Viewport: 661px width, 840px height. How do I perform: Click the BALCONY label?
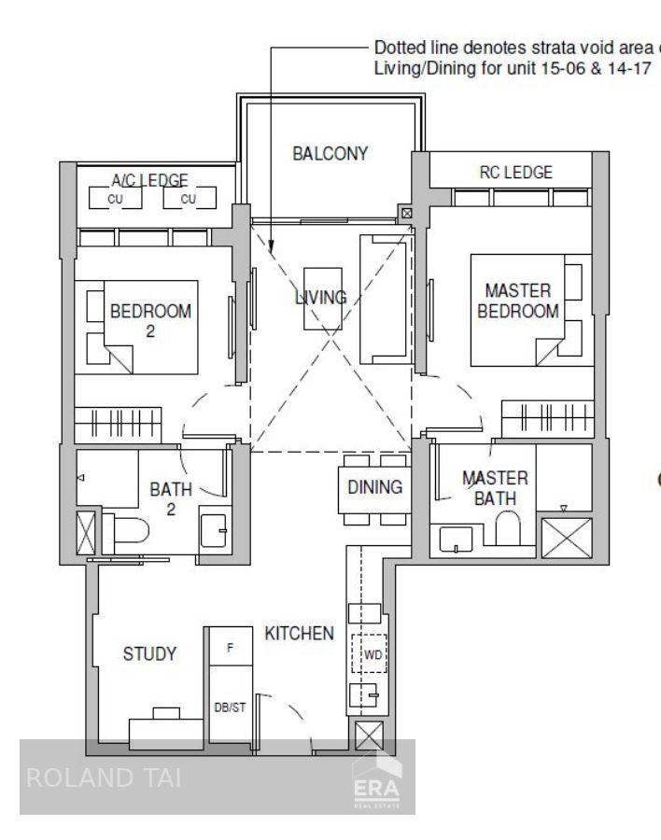pyautogui.click(x=330, y=154)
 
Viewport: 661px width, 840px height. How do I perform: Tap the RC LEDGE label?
pyautogui.click(x=515, y=172)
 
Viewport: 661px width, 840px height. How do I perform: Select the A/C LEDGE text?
pyautogui.click(x=150, y=180)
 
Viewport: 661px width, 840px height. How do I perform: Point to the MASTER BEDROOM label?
pyautogui.click(x=518, y=301)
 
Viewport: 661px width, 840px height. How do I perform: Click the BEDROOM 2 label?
pyautogui.click(x=150, y=320)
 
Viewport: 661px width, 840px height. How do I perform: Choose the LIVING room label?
pyautogui.click(x=321, y=298)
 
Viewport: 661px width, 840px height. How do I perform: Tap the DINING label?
pyautogui.click(x=374, y=486)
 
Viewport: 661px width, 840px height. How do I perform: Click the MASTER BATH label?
pyautogui.click(x=495, y=487)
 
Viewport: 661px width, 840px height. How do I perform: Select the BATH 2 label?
pyautogui.click(x=171, y=497)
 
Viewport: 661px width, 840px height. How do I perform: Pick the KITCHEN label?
pyautogui.click(x=299, y=634)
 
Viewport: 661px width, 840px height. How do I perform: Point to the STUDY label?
pyautogui.click(x=149, y=653)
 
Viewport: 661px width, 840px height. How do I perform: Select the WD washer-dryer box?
pyautogui.click(x=373, y=654)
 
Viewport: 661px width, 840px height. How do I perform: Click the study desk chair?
pyautogui.click(x=165, y=713)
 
